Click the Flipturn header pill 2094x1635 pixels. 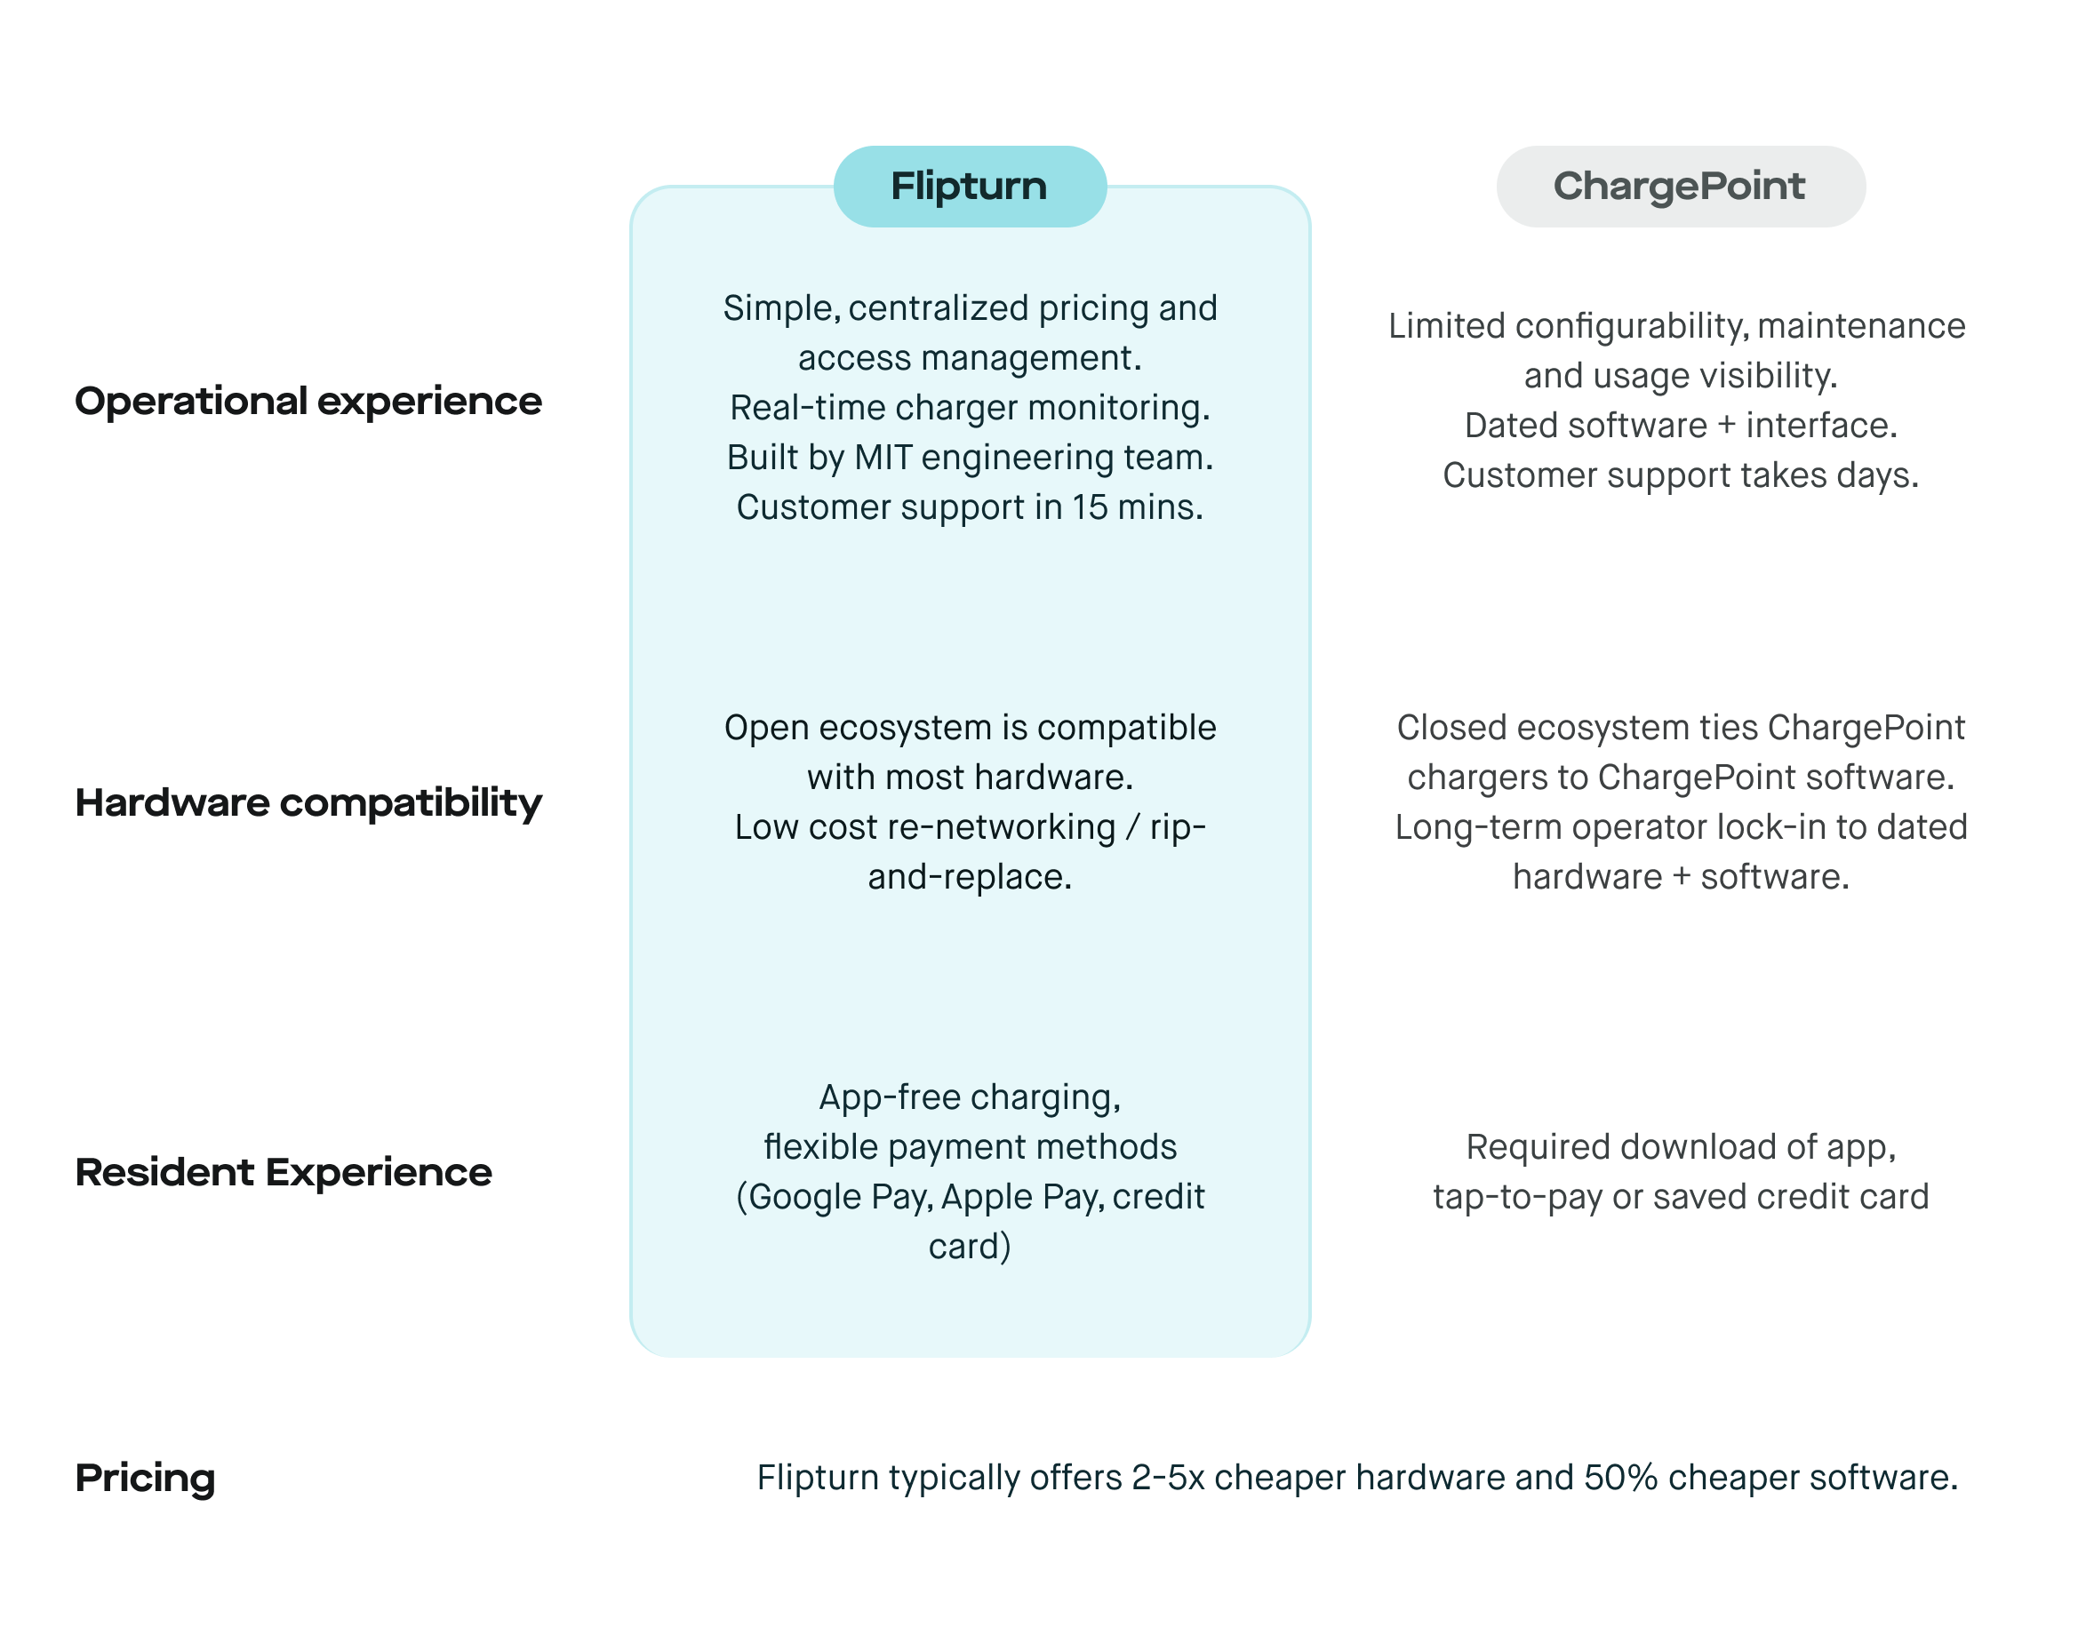pos(970,186)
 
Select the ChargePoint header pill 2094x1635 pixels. pos(1680,186)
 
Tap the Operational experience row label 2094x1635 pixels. pos(308,402)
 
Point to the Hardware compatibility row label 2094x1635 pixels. pos(308,803)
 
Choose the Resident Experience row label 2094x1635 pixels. pos(284,1172)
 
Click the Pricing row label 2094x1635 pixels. pos(145,1478)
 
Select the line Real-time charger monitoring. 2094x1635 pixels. pos(970,408)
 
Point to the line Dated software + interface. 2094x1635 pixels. pos(1680,426)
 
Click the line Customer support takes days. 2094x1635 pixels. pos(1680,475)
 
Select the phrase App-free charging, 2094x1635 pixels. pos(970,1097)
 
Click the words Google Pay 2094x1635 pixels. pos(838,1197)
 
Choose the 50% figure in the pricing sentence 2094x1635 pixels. pos(1620,1478)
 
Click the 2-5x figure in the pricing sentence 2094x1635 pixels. pos(1167,1478)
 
